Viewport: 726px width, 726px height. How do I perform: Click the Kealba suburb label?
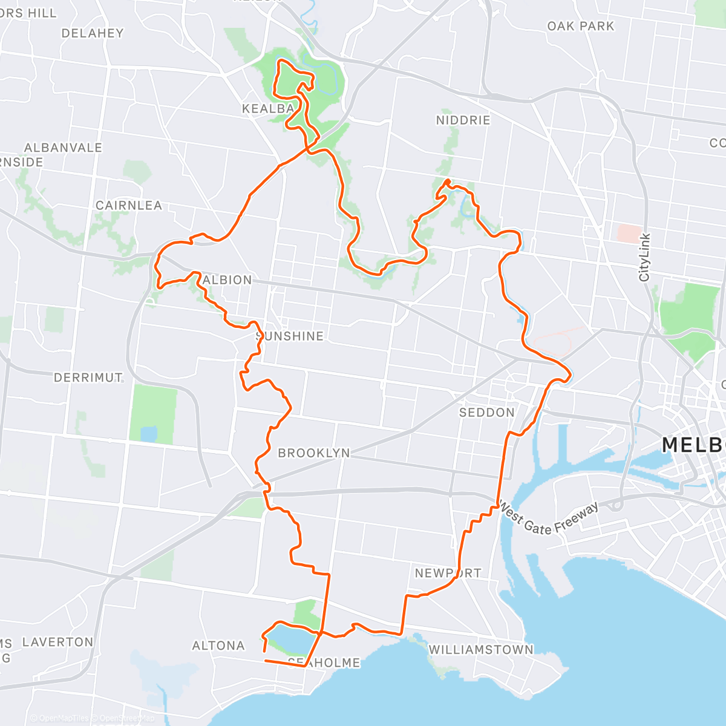coord(268,110)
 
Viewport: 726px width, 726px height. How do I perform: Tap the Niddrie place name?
coord(463,120)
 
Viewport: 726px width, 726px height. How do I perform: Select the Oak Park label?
coord(580,26)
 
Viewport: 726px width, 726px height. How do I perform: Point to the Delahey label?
coord(92,33)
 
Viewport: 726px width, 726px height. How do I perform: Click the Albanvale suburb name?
coord(63,148)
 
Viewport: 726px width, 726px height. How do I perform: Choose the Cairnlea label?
coord(129,206)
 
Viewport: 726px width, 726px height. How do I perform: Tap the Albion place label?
coord(227,280)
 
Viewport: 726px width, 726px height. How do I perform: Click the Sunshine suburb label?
coord(290,336)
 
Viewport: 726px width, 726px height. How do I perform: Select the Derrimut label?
coord(88,378)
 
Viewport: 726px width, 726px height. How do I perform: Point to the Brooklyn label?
coord(313,453)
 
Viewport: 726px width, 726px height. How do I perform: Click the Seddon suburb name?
coord(486,413)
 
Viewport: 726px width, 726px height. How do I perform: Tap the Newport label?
coord(448,573)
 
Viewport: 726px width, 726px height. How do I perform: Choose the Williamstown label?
coord(481,650)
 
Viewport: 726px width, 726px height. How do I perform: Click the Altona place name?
coord(218,646)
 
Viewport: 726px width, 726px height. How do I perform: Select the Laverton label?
coord(57,642)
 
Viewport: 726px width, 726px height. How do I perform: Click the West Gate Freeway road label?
coord(549,519)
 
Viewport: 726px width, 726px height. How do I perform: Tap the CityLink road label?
coord(644,257)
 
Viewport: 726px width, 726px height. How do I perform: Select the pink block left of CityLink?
coord(629,234)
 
